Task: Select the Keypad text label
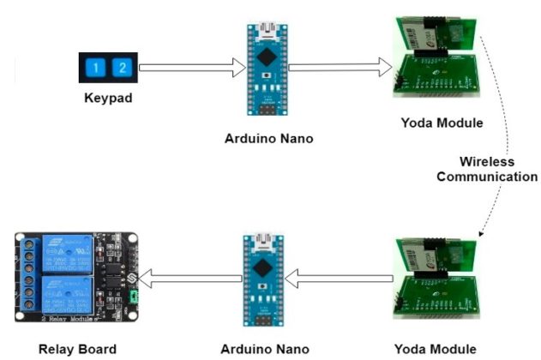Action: point(109,99)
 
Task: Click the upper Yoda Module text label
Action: point(442,123)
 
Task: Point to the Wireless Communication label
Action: point(486,169)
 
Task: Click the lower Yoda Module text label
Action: point(442,349)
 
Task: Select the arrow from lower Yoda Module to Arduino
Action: point(339,277)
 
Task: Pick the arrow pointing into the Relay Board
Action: point(189,277)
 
